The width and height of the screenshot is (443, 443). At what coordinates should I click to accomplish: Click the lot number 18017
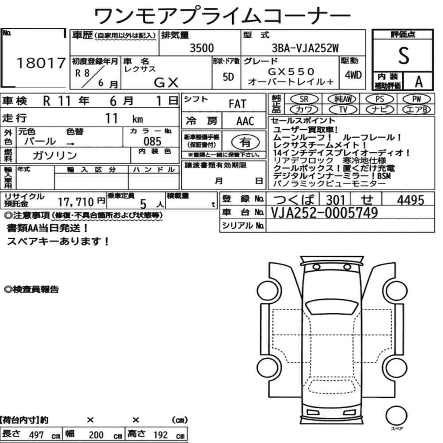(x=41, y=63)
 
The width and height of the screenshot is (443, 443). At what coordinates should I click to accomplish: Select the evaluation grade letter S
(x=404, y=56)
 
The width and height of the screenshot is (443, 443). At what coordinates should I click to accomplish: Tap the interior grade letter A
(x=419, y=82)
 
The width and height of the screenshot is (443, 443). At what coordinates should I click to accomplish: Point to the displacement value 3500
(x=202, y=48)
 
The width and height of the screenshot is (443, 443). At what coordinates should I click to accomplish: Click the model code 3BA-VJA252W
(x=305, y=48)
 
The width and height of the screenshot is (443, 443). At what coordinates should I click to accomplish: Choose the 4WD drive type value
(x=353, y=75)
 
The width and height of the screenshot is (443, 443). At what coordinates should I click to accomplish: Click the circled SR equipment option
(x=304, y=99)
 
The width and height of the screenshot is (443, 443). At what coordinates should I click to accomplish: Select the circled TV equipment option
(x=343, y=109)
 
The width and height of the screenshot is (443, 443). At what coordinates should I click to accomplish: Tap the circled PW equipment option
(x=416, y=99)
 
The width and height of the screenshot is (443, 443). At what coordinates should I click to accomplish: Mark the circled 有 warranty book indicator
(x=245, y=142)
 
